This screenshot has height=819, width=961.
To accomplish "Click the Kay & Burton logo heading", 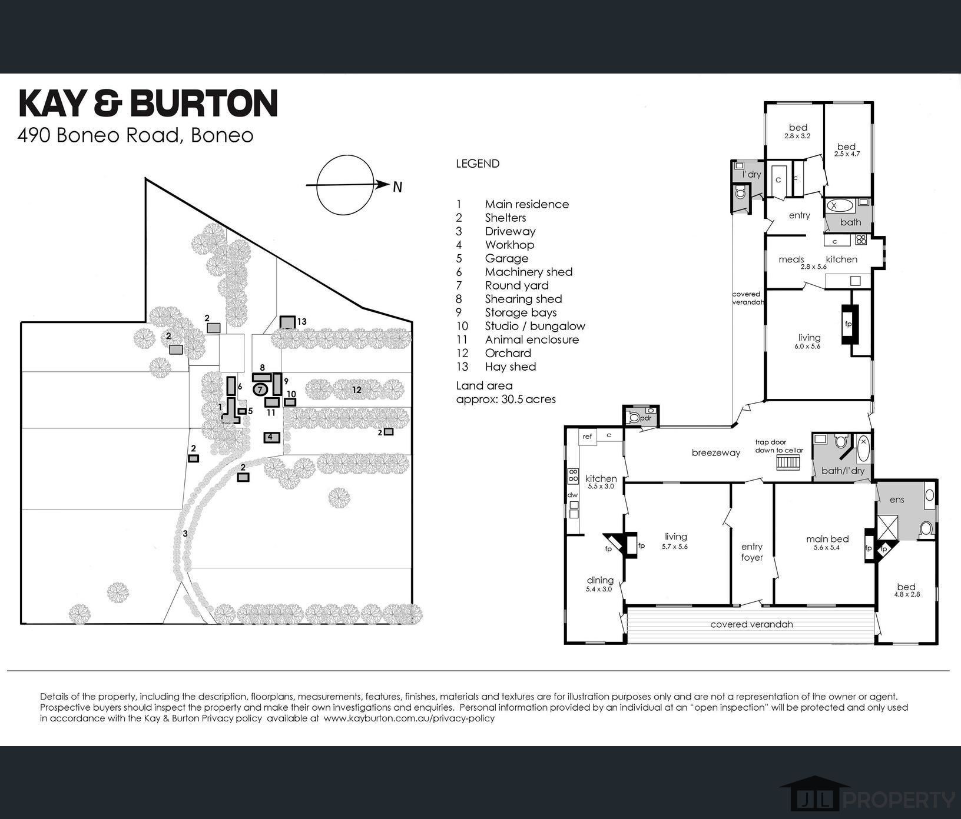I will (148, 104).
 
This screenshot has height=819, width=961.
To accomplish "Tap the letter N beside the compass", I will (397, 187).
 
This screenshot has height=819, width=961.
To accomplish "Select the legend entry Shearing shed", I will (523, 299).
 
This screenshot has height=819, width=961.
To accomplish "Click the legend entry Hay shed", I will (510, 367).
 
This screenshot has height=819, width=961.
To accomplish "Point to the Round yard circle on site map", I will (260, 389).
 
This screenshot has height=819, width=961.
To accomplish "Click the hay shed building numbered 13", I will (287, 322).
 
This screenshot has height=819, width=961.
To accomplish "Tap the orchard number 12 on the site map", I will (356, 389).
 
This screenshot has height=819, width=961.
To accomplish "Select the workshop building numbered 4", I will (270, 437).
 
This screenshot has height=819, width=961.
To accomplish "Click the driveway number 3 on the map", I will (185, 534).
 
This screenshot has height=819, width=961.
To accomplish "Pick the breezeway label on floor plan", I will (715, 453).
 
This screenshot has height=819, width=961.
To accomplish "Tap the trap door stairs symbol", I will (788, 462).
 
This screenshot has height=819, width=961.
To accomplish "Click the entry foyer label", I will (751, 552).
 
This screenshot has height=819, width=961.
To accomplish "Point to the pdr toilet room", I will (641, 417).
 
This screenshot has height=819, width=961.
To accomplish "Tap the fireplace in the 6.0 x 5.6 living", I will (849, 324).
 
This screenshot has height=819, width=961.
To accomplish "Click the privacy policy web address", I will (409, 718).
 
